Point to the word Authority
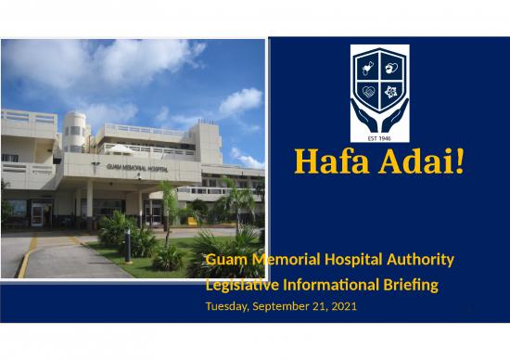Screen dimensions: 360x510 (421, 259)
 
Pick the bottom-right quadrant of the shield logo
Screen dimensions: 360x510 (389, 91)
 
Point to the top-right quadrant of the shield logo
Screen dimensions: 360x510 (389, 69)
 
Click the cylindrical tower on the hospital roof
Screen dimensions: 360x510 (75, 132)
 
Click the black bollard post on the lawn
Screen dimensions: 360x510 (129, 254)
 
